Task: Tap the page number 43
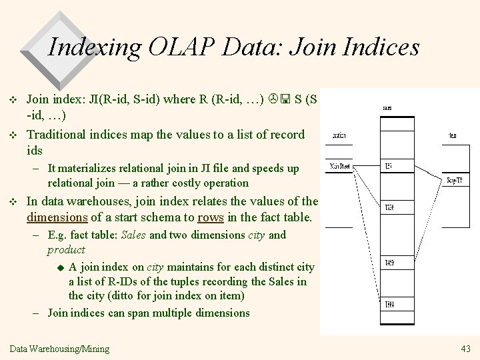[465, 349]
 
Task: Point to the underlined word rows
[211, 217]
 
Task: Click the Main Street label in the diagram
[340, 167]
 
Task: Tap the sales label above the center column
[387, 107]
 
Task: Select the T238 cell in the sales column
[389, 207]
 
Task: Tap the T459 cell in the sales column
[389, 263]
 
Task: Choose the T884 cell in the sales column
[389, 305]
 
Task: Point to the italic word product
[66, 249]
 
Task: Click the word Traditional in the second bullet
[57, 134]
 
